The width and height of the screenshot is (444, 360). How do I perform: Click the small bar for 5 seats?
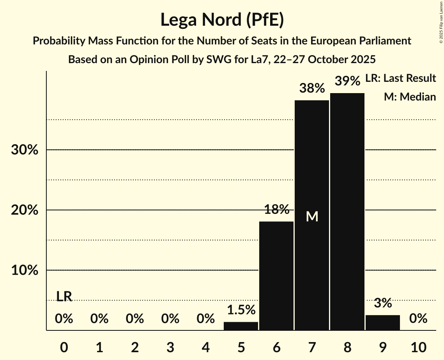241,326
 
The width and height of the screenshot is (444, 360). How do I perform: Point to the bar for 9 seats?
382,323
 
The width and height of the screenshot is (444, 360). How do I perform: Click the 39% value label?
347,81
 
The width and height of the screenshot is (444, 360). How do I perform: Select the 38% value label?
312,88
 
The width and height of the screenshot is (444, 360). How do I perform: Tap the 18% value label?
276,210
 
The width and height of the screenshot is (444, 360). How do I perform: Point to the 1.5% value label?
241,310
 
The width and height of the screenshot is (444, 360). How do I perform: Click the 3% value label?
382,303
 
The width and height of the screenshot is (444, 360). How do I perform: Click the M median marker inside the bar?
312,217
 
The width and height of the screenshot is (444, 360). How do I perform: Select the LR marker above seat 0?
64,296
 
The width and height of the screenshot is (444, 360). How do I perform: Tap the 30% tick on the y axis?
25,150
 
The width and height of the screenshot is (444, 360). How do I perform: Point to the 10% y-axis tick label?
25,270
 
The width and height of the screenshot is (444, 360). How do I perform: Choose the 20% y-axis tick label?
25,210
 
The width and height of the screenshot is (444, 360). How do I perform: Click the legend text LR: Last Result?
400,78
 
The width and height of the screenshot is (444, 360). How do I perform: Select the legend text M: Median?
410,97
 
